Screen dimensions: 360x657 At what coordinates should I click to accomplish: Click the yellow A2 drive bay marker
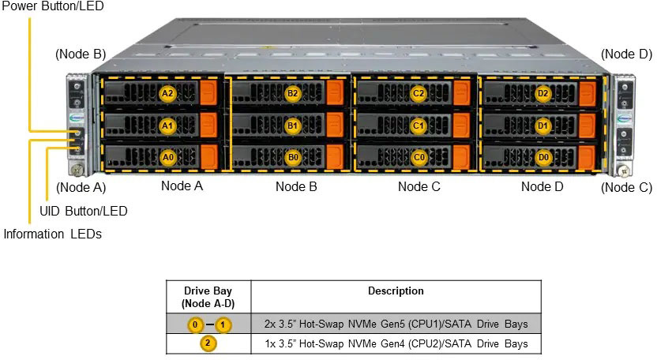[167, 93]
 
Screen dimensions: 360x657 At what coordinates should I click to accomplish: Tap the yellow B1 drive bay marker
[293, 126]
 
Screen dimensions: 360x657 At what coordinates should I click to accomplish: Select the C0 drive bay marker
[419, 157]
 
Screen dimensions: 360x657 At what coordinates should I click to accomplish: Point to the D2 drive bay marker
[542, 93]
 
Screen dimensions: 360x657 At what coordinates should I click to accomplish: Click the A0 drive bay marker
[167, 157]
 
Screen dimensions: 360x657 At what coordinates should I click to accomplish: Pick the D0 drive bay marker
[542, 157]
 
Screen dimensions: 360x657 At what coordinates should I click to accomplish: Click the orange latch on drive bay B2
[334, 93]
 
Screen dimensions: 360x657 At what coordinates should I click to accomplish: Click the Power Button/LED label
[52, 6]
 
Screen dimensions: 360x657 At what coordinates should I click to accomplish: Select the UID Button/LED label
[83, 211]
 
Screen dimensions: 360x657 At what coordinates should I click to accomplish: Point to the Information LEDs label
[52, 234]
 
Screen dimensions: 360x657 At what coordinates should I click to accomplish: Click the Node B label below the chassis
[296, 187]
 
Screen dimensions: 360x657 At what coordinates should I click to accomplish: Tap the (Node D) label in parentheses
[626, 54]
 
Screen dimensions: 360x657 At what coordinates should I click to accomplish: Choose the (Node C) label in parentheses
[626, 188]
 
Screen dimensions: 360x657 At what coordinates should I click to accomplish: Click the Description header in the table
[396, 291]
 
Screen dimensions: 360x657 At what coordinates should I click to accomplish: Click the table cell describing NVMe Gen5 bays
[396, 324]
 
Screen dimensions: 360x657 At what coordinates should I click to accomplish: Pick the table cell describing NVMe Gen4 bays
[396, 344]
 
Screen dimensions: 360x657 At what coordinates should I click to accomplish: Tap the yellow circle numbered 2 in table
[207, 343]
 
